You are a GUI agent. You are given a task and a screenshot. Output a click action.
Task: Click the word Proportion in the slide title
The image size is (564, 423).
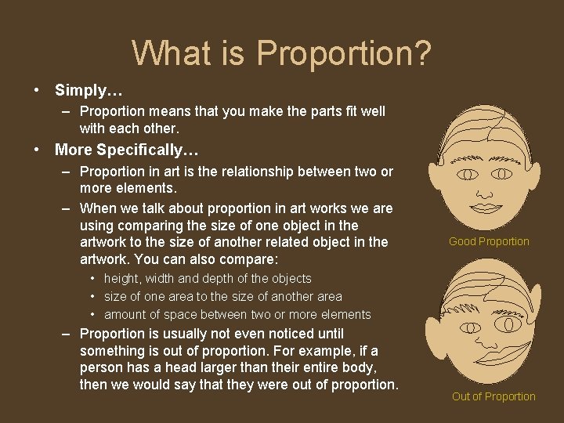345,54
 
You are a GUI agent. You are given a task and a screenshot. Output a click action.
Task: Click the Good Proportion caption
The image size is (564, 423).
489,241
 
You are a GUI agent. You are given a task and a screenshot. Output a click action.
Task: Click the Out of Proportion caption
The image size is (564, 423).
493,396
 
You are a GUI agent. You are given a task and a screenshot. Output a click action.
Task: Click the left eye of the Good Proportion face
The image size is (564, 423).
468,173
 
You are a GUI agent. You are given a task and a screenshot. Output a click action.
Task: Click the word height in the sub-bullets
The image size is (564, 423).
121,278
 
